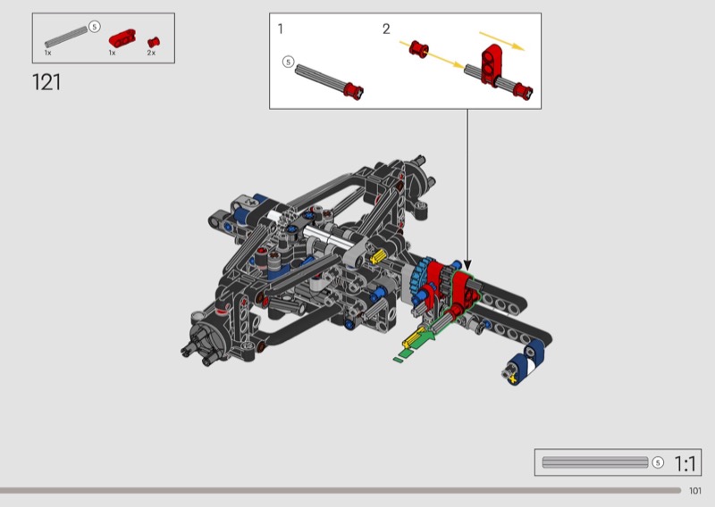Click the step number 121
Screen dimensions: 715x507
pyautogui.click(x=46, y=82)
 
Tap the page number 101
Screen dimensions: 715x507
pyautogui.click(x=695, y=491)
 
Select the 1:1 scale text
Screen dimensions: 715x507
pyautogui.click(x=685, y=464)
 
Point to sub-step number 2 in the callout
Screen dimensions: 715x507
pyautogui.click(x=386, y=29)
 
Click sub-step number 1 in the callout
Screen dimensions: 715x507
pyautogui.click(x=281, y=29)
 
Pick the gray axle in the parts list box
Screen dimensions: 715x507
pyautogui.click(x=66, y=37)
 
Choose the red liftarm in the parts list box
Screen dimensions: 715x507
pyautogui.click(x=122, y=37)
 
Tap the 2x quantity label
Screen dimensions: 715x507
pyautogui.click(x=151, y=53)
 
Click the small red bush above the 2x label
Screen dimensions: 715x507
pyautogui.click(x=154, y=42)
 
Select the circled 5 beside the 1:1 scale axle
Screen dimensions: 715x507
pyautogui.click(x=658, y=462)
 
